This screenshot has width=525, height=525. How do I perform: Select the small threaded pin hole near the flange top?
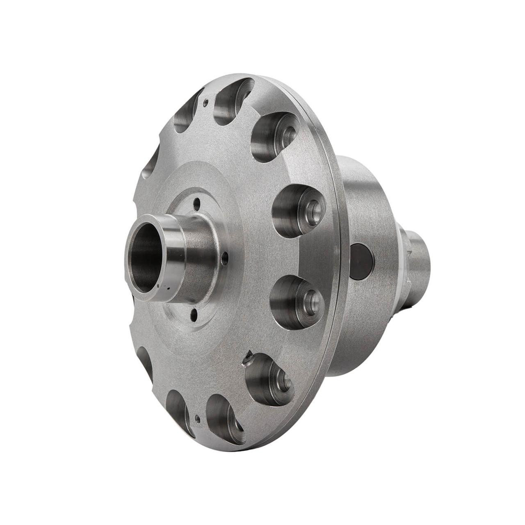click(207, 100)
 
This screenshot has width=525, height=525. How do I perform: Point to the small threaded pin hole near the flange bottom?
click(198, 419)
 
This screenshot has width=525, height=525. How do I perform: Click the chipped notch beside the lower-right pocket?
click(248, 360)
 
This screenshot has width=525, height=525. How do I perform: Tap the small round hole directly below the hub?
click(194, 315)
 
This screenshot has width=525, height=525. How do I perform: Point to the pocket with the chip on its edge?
click(269, 376)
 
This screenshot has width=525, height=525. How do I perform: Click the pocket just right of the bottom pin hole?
click(224, 418)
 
